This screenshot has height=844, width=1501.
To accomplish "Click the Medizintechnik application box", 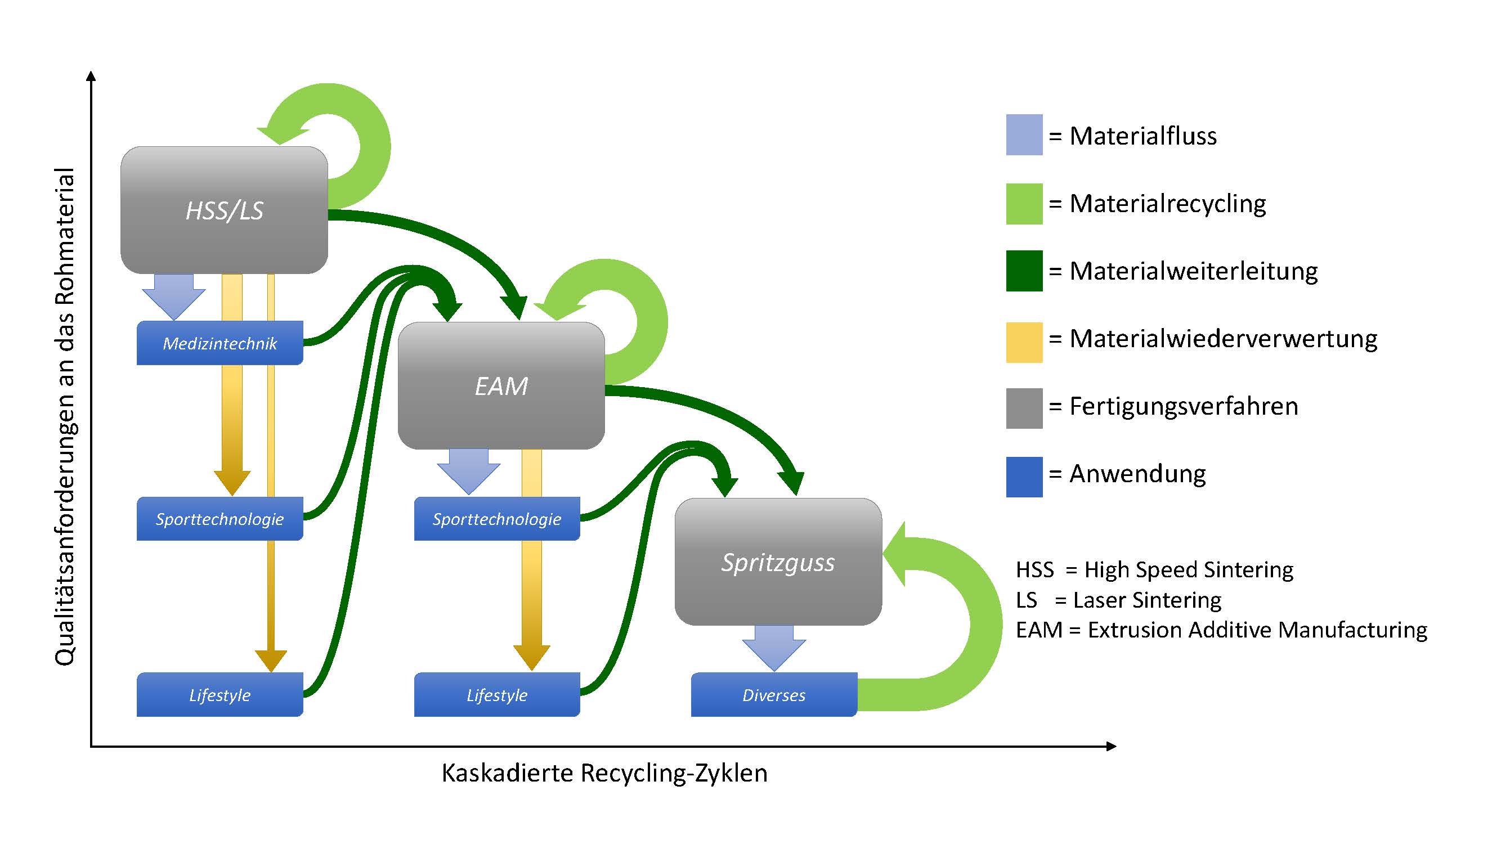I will coord(219,343).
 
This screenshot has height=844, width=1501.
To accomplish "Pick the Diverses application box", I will coord(774,694).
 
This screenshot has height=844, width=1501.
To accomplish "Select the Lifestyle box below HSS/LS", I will coord(219,694).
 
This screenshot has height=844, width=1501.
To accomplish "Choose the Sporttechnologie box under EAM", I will coord(496,518).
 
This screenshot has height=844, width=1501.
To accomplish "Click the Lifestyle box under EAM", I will coord(496,694).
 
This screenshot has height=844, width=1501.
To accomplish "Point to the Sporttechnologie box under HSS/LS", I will coord(219,518).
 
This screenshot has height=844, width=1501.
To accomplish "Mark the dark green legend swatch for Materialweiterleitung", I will coord(1024,271).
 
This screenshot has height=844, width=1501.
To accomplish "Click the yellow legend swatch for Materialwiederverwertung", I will coord(1024,342).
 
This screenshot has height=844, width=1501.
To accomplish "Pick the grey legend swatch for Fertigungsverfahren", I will coord(1024,408).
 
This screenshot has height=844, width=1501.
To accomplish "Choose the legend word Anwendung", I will coord(1137,474).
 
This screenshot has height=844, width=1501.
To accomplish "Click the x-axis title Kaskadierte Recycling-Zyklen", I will coord(604,773).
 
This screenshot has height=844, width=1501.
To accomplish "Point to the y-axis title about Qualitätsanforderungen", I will coord(65,416).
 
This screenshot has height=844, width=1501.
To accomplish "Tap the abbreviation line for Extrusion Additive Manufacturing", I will coord(1221,630).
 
